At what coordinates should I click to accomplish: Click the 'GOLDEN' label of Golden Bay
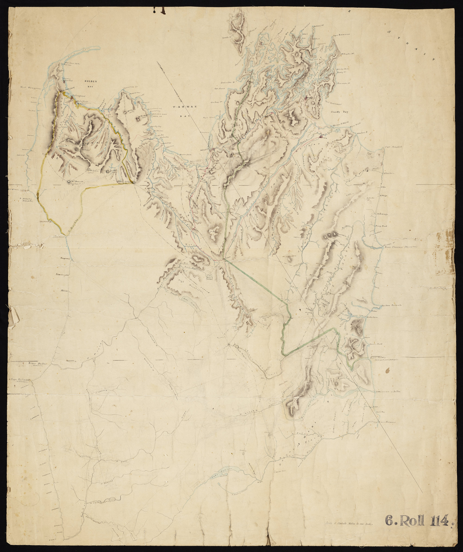click(x=91, y=82)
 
